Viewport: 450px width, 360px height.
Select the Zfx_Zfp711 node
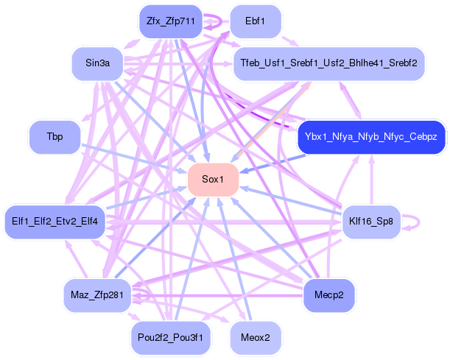point(169,21)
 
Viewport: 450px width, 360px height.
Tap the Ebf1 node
point(254,21)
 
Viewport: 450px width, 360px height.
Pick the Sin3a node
point(98,63)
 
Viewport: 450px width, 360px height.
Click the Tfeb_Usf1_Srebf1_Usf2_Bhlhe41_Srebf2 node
point(328,63)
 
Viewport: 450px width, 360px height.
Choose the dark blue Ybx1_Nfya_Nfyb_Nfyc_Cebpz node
point(371,137)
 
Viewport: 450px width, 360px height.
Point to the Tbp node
point(55,137)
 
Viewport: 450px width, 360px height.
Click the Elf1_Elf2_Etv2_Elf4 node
point(55,221)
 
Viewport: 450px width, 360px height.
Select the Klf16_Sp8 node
point(371,221)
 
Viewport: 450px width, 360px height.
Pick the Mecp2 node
point(328,294)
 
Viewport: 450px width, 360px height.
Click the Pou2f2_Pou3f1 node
point(169,336)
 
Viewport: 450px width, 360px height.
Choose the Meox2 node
point(255,336)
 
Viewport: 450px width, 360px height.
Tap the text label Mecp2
point(328,294)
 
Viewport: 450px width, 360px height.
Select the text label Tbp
point(55,137)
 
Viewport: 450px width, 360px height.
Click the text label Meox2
point(255,336)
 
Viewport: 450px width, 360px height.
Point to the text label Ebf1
point(254,21)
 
